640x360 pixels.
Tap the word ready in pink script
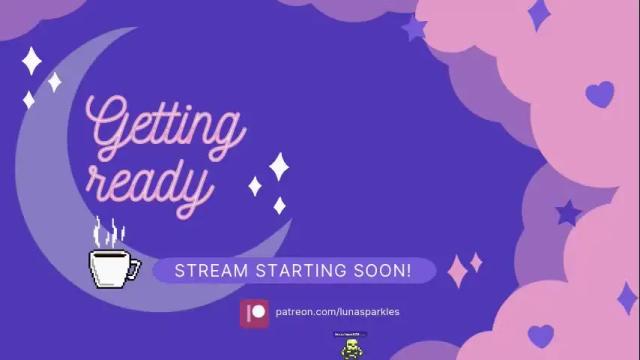(150, 182)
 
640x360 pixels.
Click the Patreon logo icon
(255, 312)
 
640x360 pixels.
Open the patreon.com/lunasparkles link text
(337, 312)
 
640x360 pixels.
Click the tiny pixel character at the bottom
(351, 347)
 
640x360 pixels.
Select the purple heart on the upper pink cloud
(599, 95)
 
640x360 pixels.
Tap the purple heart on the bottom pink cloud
(540, 334)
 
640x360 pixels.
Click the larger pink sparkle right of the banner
(458, 270)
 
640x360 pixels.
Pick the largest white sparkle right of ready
(279, 166)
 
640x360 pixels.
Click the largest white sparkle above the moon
(32, 61)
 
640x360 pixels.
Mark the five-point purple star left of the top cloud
(414, 28)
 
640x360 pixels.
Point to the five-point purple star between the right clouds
(568, 212)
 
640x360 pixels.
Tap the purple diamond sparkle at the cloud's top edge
(539, 14)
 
